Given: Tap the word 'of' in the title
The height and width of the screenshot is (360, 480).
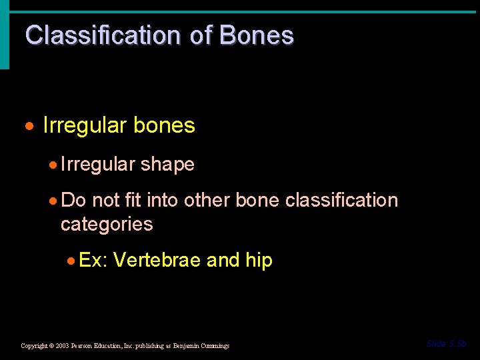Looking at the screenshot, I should point(200,35).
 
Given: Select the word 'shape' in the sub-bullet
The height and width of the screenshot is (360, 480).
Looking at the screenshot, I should point(167,165).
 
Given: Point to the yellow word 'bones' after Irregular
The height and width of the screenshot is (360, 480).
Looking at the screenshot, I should point(164,125).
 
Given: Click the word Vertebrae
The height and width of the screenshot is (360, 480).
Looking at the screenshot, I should point(157,260).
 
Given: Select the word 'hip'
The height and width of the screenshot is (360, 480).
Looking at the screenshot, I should point(259,261).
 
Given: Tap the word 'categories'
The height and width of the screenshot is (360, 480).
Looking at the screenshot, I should point(107,224).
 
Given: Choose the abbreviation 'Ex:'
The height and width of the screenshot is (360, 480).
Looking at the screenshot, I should point(93,260).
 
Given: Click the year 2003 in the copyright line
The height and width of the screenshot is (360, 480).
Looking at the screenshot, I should point(63,346).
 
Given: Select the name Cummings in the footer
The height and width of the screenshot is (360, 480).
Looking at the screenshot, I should point(213,346).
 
